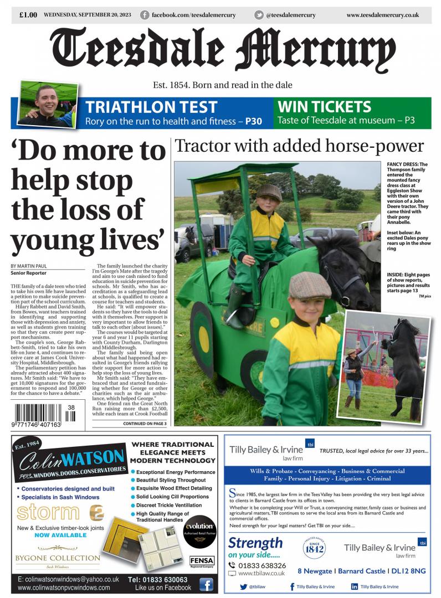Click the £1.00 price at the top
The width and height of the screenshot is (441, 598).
[28, 15]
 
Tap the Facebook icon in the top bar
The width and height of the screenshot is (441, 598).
[145, 15]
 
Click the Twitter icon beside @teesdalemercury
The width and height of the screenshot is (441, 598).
[259, 15]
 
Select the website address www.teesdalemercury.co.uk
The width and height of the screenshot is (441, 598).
[382, 15]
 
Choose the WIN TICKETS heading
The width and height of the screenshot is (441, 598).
[324, 106]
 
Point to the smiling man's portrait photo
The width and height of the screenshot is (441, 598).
[48, 104]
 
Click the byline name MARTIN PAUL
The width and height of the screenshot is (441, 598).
[34, 266]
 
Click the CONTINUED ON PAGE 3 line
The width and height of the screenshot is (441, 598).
[145, 424]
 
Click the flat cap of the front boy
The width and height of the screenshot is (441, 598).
[310, 285]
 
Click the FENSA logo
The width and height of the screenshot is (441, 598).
[202, 561]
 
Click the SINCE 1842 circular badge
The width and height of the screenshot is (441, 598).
[314, 548]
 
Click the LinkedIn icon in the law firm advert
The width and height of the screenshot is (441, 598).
[355, 586]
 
